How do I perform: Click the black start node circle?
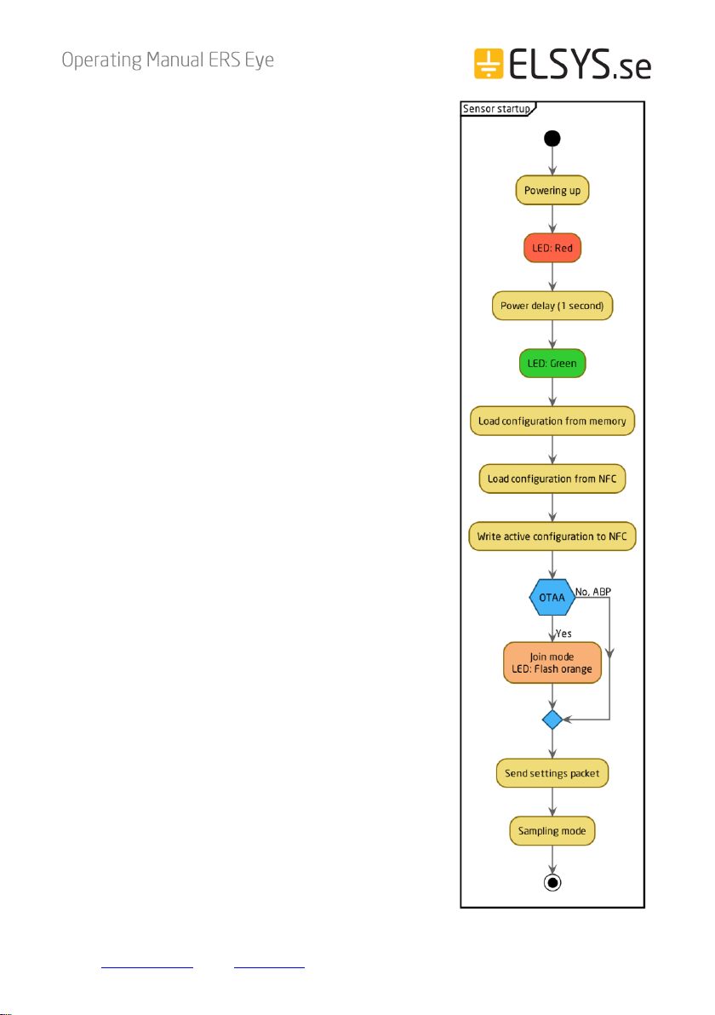[x=552, y=139]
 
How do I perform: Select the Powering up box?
[x=552, y=191]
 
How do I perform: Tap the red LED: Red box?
[x=552, y=248]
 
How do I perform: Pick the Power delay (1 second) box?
[x=552, y=306]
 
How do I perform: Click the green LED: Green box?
[x=552, y=363]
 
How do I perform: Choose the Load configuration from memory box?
[x=552, y=421]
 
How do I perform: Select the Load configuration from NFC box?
[x=552, y=479]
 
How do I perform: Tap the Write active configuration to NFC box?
[x=552, y=536]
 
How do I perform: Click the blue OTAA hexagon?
[x=552, y=598]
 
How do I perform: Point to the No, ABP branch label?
[x=593, y=592]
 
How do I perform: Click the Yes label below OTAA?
[x=563, y=634]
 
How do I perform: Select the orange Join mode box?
[x=552, y=662]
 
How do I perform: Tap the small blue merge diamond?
[x=552, y=720]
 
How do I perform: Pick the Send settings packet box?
[x=552, y=773]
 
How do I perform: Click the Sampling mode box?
[x=552, y=830]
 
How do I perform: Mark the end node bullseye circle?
[x=552, y=882]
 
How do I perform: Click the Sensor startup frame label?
[x=496, y=109]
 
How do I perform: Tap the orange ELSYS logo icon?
[x=489, y=63]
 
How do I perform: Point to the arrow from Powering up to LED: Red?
[x=552, y=220]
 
